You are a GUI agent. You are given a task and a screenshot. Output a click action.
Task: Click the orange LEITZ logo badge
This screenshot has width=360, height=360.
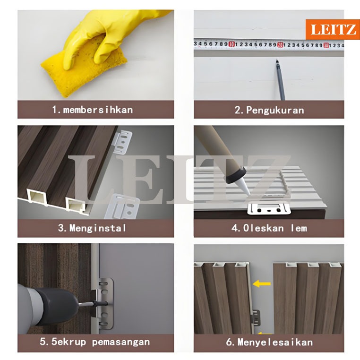point(333,29)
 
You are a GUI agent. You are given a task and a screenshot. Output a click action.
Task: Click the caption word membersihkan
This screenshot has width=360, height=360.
point(98,110)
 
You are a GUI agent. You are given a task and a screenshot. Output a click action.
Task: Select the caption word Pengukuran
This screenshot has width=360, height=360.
point(275,111)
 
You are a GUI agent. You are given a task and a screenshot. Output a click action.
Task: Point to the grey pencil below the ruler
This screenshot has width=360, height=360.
point(281,80)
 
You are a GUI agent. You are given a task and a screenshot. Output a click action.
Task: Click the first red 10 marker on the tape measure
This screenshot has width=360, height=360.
point(232,44)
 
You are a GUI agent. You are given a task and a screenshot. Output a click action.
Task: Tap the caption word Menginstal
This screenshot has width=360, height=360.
point(98,228)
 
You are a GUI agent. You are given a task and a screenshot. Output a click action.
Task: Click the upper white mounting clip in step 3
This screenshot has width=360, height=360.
point(123,142)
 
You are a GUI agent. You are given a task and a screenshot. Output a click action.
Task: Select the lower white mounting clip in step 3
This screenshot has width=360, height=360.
point(122,206)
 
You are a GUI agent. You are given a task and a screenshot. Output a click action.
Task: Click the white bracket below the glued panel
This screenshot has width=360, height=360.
point(269,208)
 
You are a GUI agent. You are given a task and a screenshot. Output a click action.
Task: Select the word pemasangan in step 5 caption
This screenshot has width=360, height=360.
point(121,342)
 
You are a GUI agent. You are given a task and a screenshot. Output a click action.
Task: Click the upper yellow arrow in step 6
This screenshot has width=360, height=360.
point(262,284)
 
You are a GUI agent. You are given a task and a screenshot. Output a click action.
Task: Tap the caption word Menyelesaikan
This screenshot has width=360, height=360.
point(275,343)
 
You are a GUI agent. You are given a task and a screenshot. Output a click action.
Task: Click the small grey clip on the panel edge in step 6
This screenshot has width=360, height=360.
point(256,317)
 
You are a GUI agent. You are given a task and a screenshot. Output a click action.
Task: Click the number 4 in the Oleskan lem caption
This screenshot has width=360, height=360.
point(234,228)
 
